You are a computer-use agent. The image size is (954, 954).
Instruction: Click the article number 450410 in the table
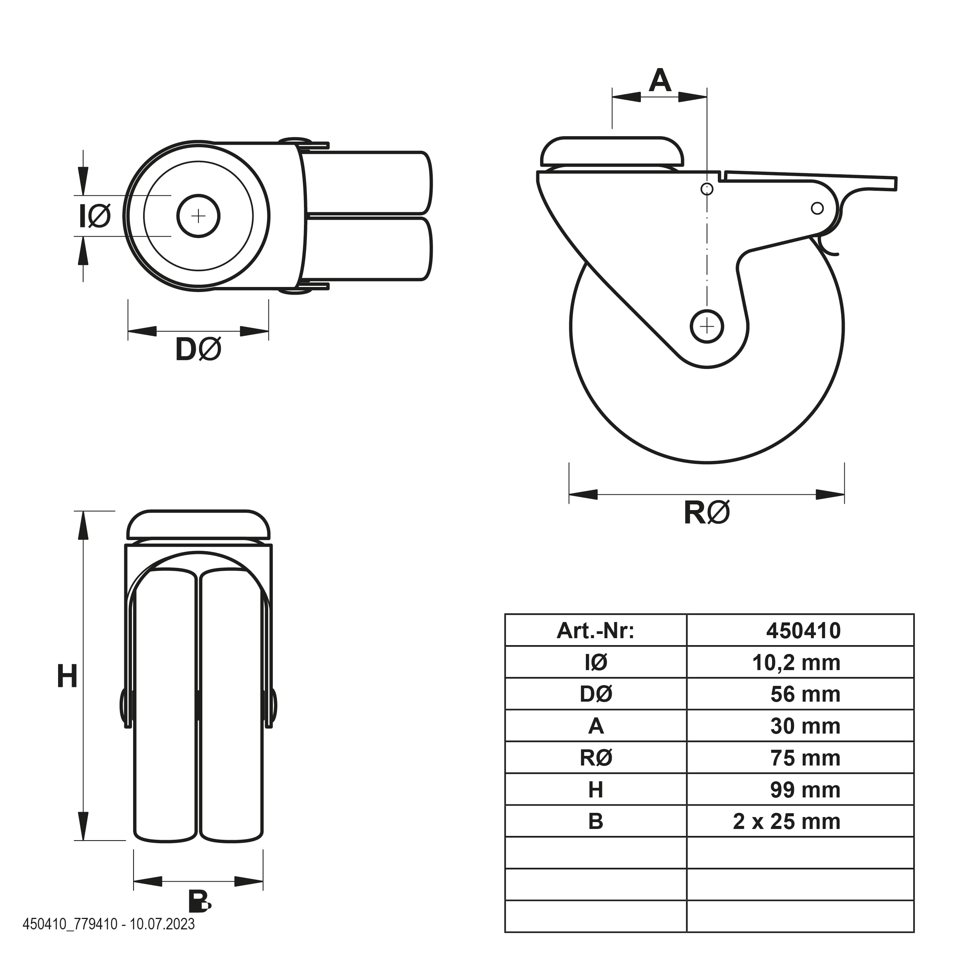803,631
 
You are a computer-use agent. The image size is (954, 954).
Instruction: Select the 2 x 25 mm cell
787,822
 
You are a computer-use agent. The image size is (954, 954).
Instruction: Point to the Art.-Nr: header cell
595,631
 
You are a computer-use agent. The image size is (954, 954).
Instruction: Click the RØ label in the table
596,758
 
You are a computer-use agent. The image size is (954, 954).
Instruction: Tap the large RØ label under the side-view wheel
707,512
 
